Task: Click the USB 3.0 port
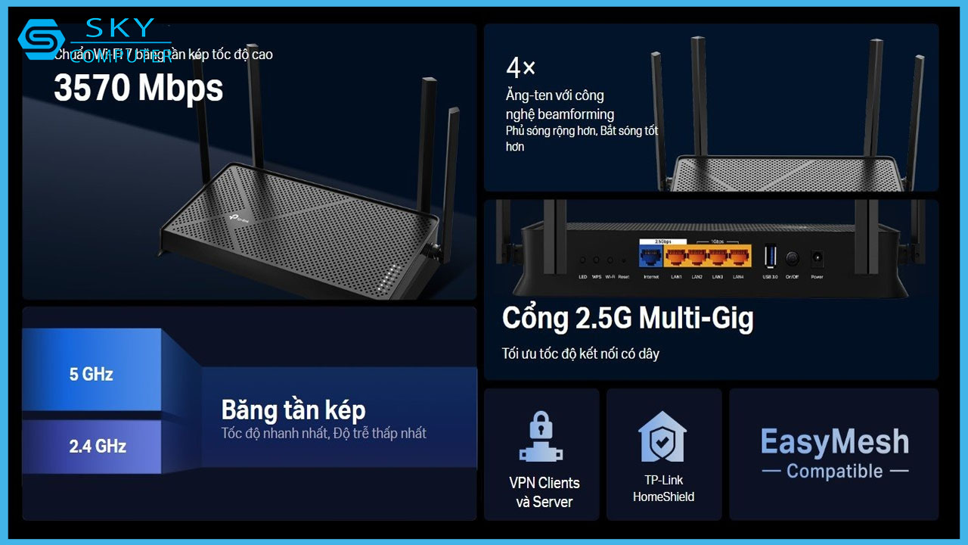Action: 770,257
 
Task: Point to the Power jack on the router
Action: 817,258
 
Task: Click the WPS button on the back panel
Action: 597,259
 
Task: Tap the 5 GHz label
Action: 92,374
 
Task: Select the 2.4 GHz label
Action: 98,446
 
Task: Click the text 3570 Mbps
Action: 138,89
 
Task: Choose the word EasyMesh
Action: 834,442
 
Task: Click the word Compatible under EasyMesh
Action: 834,472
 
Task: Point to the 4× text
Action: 520,68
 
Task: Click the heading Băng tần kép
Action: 293,410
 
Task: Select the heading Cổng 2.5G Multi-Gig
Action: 628,318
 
